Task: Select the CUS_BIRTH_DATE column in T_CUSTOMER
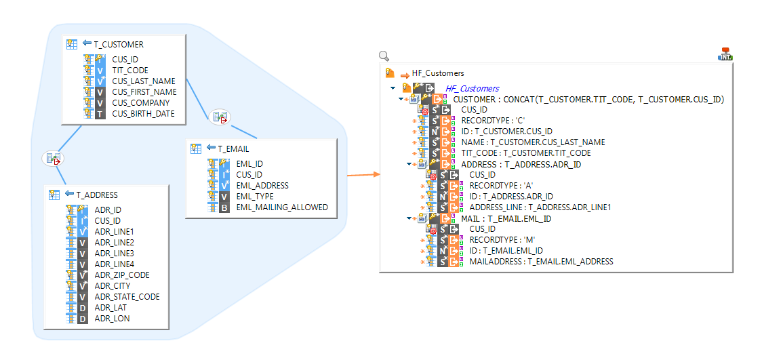point(143,113)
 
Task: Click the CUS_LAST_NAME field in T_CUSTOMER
point(143,81)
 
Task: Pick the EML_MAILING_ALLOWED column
point(281,207)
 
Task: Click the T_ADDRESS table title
point(96,195)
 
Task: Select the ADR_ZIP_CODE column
point(121,275)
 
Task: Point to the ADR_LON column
point(112,318)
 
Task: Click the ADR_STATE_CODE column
point(127,296)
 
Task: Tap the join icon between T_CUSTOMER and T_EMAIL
point(220,117)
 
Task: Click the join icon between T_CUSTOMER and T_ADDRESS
point(52,159)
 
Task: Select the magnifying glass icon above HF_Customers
point(384,56)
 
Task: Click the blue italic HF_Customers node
point(472,88)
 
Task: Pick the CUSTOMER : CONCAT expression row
point(588,99)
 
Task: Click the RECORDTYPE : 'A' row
point(493,185)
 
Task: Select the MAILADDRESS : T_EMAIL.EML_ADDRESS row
point(541,261)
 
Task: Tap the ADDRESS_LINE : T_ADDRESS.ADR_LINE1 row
point(540,207)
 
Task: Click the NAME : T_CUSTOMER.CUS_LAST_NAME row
point(533,142)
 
